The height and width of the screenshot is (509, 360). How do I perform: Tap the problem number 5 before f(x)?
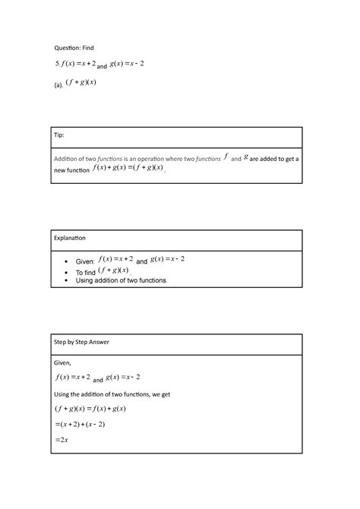(x=55, y=64)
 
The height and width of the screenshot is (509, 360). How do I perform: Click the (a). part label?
(x=58, y=86)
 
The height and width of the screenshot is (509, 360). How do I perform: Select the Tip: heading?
(x=58, y=135)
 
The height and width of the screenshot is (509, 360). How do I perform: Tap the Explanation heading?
(x=70, y=239)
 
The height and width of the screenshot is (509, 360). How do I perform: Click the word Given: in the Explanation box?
(x=85, y=261)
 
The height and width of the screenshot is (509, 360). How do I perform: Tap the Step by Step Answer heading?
(x=81, y=342)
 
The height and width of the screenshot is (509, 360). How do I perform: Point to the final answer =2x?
(x=62, y=440)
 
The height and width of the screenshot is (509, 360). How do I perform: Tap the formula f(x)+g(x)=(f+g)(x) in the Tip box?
(x=128, y=169)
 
